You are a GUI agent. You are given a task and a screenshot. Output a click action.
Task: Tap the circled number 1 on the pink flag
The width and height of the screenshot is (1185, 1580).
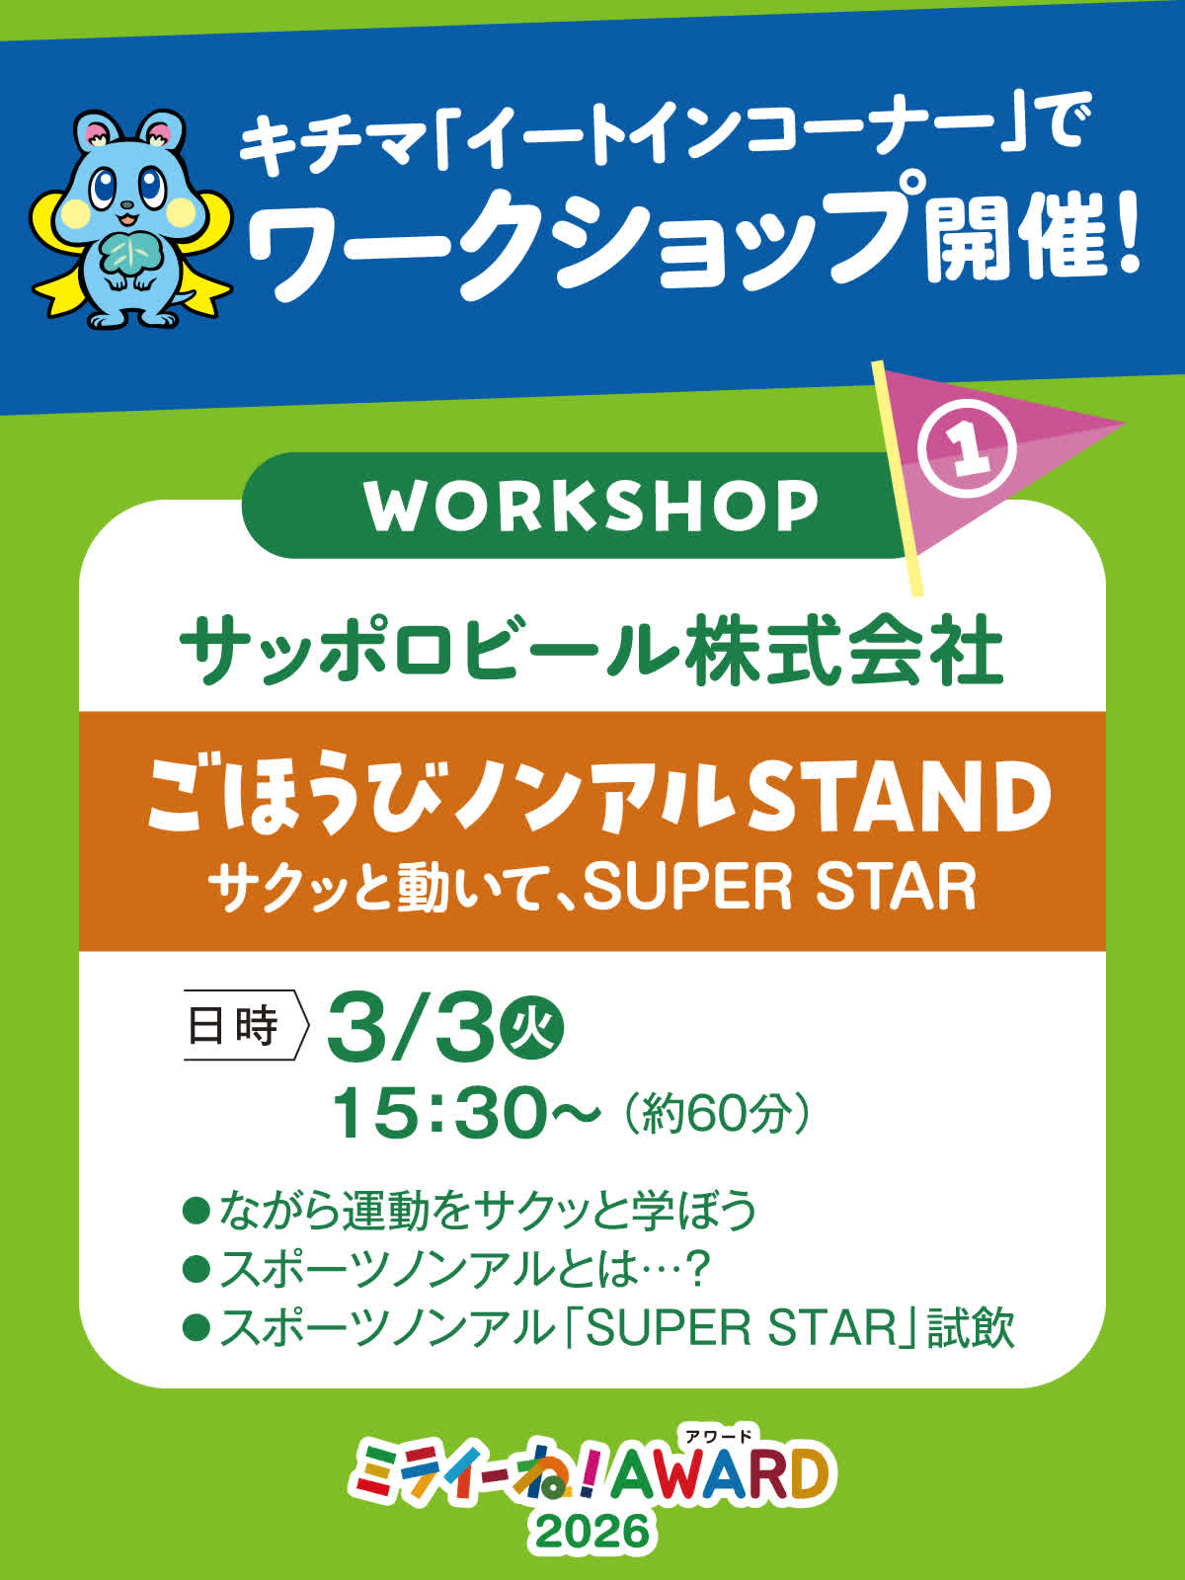968,448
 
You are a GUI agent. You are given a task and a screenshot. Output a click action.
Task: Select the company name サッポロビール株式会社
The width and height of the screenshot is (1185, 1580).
592,654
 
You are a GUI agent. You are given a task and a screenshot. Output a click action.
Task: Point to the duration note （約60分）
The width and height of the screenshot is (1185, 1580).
717,1115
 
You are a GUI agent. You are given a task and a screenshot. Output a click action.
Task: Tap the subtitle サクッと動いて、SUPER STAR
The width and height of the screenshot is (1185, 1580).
592,888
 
